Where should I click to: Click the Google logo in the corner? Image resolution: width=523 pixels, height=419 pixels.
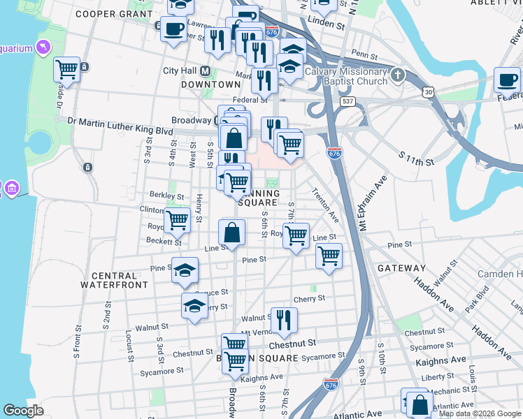[23, 411]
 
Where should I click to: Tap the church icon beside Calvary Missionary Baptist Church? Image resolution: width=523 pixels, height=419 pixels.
[397, 75]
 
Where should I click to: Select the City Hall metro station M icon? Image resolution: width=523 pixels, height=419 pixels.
[205, 71]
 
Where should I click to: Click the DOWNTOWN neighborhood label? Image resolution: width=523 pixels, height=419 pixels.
[210, 84]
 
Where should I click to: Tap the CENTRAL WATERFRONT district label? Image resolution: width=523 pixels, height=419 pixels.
[114, 279]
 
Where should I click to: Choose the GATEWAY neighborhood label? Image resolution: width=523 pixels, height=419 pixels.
[401, 268]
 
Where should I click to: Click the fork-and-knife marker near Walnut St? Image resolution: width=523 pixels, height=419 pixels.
[283, 320]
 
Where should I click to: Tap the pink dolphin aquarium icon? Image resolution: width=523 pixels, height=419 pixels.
[44, 47]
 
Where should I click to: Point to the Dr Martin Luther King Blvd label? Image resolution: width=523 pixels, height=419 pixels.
[120, 120]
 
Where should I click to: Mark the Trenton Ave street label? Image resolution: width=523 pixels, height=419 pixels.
[325, 205]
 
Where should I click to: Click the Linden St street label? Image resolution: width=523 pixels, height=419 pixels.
[331, 24]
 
